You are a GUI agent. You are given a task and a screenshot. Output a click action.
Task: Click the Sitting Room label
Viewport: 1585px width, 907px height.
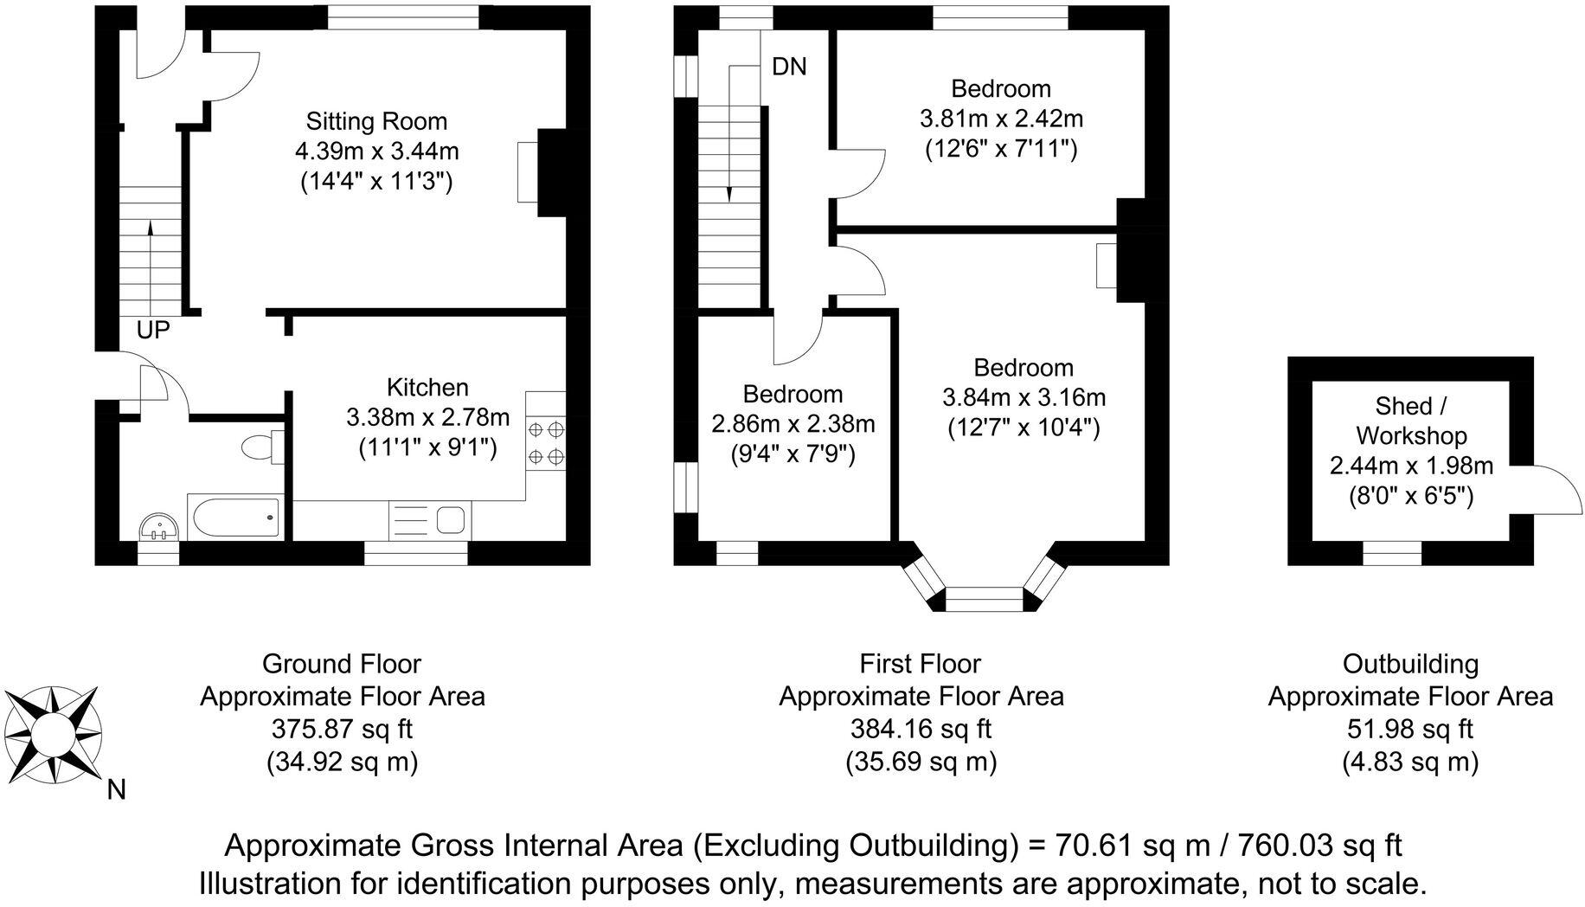376,121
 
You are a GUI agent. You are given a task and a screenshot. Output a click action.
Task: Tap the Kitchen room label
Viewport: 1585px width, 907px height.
427,387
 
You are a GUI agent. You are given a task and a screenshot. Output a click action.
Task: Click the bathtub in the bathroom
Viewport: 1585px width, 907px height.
234,518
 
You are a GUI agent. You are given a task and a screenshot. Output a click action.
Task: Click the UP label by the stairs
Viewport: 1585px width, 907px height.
153,330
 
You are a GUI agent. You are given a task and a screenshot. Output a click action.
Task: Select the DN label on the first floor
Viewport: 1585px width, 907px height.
789,67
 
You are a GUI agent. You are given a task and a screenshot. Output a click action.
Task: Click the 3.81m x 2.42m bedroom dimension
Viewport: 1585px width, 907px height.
1001,119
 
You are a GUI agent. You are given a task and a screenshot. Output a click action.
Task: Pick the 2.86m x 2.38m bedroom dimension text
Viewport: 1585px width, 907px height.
792,424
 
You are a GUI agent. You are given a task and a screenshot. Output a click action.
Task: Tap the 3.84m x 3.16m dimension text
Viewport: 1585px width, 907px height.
1024,397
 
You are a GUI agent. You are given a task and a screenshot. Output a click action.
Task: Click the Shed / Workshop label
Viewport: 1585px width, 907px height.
1411,421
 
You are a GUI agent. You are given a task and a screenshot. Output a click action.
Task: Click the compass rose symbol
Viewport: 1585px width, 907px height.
52,735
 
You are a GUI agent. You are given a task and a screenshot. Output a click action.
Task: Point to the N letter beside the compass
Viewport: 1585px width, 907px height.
117,790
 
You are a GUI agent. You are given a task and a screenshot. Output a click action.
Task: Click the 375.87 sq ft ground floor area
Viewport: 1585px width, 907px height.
343,729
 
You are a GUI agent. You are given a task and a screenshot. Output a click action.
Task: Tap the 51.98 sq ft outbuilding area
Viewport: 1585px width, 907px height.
1410,729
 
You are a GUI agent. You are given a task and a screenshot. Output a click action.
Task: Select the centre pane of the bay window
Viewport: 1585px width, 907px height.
984,599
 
